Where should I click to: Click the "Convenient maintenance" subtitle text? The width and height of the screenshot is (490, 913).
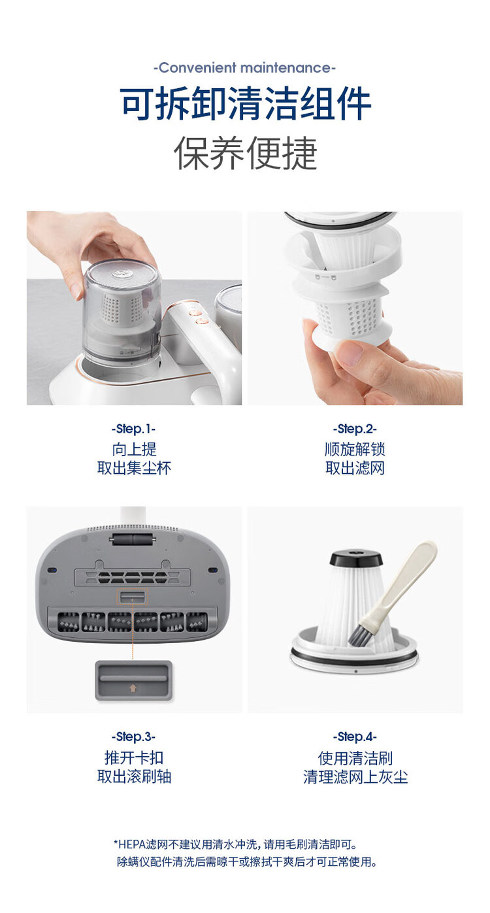[244, 68]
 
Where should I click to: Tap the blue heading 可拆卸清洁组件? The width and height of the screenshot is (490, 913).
[245, 105]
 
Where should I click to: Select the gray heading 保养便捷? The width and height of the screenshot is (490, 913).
[245, 154]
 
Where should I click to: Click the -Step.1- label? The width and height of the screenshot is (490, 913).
[134, 429]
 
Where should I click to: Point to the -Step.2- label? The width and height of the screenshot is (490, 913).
[355, 429]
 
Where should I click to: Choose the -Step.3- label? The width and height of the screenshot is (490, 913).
[134, 737]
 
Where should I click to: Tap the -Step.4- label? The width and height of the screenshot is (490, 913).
[355, 737]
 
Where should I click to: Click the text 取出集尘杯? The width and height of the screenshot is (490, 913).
[134, 468]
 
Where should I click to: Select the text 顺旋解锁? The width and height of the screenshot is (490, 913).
[355, 450]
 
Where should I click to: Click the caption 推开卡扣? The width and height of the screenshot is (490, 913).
[134, 758]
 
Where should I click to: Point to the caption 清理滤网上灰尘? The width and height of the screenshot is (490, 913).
[355, 777]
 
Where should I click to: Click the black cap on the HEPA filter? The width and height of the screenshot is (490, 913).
[356, 559]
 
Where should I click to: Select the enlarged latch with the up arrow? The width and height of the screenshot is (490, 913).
[133, 680]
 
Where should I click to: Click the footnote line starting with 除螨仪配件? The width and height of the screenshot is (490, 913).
[246, 863]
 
